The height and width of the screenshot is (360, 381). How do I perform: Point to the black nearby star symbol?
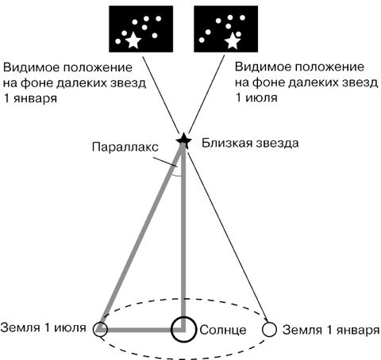(x=184, y=140)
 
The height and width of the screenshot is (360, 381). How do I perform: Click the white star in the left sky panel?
(x=133, y=40)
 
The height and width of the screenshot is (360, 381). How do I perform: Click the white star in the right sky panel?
(x=233, y=41)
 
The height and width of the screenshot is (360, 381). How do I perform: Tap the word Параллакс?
(x=125, y=147)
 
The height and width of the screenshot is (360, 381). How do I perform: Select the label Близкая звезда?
(x=250, y=144)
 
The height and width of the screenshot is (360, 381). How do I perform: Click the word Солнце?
(x=223, y=330)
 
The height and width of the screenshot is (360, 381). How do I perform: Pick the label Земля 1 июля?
(x=43, y=327)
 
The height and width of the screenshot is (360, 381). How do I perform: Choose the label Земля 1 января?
(x=331, y=330)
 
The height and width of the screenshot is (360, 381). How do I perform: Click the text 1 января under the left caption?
(x=30, y=98)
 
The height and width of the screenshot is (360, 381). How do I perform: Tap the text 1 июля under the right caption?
(x=256, y=98)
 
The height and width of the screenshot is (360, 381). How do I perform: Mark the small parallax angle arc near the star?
(x=176, y=175)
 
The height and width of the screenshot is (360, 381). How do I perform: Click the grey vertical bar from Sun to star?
(x=183, y=238)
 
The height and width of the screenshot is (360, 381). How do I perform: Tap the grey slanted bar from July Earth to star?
(x=140, y=237)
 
